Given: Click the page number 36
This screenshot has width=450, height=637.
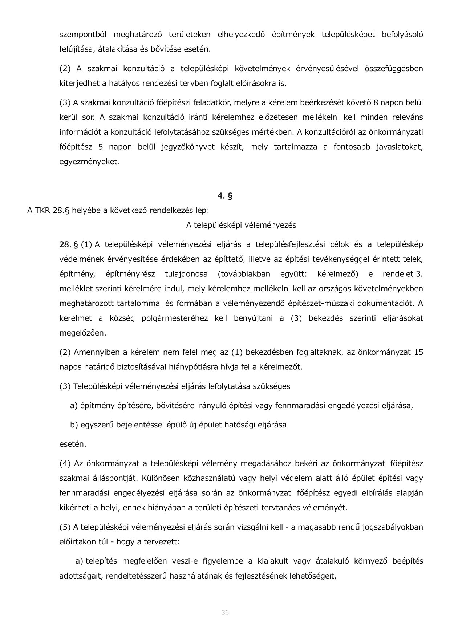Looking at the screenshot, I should (x=225, y=612).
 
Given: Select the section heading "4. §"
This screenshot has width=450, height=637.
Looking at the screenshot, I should (x=225, y=196).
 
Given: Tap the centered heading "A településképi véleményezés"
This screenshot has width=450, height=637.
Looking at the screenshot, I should (x=241, y=225).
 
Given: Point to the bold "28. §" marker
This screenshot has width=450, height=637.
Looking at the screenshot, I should (x=69, y=244).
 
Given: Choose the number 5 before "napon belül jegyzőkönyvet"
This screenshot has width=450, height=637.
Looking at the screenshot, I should (x=100, y=147).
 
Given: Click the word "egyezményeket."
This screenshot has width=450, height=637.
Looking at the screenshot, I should (x=89, y=162).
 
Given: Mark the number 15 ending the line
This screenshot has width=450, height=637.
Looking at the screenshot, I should (x=418, y=352).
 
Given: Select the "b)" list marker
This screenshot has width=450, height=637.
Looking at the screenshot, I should (x=74, y=425).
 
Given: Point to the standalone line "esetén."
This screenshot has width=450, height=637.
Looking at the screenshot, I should (x=73, y=444).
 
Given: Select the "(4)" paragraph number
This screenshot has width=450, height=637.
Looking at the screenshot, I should (x=65, y=464).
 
